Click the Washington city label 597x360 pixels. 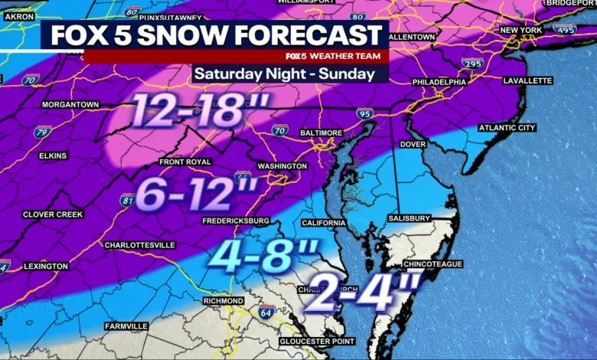282,165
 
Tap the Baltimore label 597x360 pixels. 319,133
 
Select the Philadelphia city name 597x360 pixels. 439,82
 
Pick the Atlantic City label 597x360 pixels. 507,128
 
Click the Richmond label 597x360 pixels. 223,301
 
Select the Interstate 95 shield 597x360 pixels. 365,113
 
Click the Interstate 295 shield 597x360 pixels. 474,64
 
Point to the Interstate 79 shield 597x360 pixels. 43,131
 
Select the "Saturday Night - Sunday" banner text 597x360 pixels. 284,74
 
